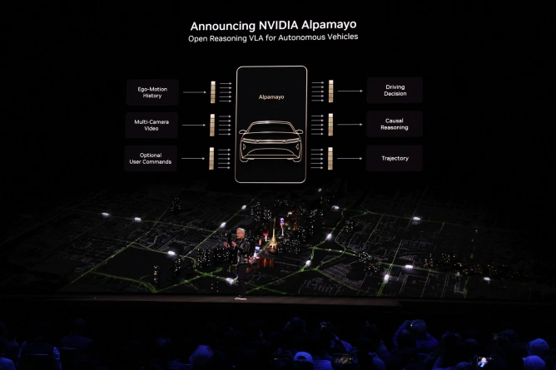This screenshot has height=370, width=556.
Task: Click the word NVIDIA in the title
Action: tap(278, 26)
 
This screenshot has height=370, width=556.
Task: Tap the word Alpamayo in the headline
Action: tap(329, 25)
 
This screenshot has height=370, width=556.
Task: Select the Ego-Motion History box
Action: tap(152, 92)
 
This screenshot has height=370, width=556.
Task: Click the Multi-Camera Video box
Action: tap(151, 125)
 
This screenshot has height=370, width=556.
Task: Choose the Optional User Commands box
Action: tap(151, 158)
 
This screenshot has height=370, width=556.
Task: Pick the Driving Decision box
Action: tap(395, 91)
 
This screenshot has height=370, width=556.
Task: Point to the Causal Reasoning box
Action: tap(395, 124)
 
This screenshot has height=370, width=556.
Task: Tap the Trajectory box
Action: tap(395, 158)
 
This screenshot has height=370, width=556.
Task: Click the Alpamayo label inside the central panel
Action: tap(271, 96)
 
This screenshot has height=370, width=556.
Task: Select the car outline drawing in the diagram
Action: tap(271, 141)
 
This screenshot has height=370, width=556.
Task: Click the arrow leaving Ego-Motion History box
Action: tap(195, 92)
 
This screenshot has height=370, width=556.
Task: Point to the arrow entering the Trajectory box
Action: tap(350, 158)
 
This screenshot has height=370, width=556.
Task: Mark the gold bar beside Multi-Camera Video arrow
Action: tap(212, 125)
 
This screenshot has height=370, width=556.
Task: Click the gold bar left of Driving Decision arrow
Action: tap(330, 91)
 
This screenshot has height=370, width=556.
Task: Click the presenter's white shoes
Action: tap(241, 298)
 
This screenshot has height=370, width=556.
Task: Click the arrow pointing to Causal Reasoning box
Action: tap(350, 124)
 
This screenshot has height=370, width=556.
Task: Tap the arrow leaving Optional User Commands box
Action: tap(193, 158)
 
